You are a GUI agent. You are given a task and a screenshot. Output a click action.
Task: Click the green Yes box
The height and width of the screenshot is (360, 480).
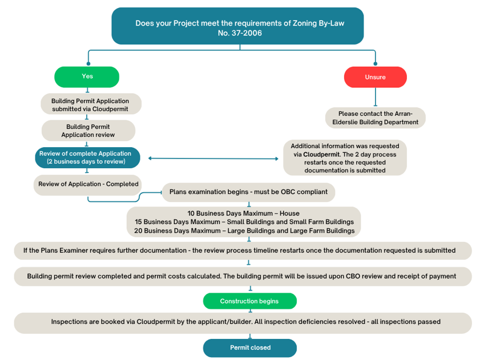[87, 76]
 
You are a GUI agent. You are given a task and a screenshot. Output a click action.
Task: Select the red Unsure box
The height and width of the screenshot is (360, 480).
[375, 77]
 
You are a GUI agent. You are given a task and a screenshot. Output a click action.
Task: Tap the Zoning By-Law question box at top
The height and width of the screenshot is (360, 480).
[237, 26]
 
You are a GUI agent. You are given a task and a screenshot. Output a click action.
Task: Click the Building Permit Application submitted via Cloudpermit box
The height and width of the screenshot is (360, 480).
[90, 104]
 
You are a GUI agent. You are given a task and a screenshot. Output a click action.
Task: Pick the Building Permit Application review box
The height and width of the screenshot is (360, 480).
[88, 131]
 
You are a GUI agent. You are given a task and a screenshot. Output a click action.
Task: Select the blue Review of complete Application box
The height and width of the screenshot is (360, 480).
[87, 157]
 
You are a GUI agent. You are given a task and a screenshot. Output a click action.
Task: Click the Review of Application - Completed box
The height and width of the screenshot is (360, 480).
[88, 184]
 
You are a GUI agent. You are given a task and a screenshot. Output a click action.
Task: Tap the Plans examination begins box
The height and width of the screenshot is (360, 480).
[248, 192]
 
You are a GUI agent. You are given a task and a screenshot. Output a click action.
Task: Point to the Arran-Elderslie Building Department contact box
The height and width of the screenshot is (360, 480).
[375, 118]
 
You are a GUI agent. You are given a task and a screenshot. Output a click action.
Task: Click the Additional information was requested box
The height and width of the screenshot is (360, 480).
[344, 157]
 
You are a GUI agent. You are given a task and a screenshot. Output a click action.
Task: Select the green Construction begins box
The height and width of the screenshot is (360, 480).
[249, 301]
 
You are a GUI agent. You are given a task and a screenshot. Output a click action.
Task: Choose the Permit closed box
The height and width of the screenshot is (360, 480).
[249, 347]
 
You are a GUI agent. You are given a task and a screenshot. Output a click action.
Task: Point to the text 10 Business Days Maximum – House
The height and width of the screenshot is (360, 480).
[243, 213]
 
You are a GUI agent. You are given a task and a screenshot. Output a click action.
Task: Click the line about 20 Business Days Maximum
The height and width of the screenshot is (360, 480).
[244, 230]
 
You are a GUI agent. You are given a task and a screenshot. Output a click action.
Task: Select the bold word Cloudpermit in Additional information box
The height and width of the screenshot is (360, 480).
[321, 154]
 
